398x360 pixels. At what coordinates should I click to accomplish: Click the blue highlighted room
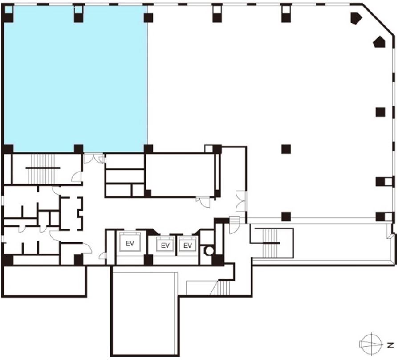[75, 79]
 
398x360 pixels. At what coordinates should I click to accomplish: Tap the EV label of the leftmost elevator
[130, 244]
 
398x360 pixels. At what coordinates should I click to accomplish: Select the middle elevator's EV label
[165, 245]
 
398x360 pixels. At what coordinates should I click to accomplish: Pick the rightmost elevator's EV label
[187, 245]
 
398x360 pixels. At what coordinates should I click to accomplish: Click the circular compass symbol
[372, 344]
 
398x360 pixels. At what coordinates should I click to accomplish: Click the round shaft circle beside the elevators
[209, 251]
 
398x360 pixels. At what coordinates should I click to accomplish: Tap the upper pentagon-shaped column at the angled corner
[356, 18]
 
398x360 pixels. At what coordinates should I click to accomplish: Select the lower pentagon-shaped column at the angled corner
[379, 42]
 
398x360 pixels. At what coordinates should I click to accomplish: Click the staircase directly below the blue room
[43, 168]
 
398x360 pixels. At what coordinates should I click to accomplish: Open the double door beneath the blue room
[93, 158]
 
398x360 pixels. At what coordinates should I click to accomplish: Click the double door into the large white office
[241, 201]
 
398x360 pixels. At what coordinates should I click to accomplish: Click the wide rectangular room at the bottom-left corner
[44, 281]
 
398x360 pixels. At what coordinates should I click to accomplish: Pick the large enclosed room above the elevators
[180, 175]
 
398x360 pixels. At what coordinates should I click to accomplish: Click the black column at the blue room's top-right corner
[148, 18]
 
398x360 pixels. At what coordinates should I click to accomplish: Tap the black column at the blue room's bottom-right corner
[148, 149]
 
